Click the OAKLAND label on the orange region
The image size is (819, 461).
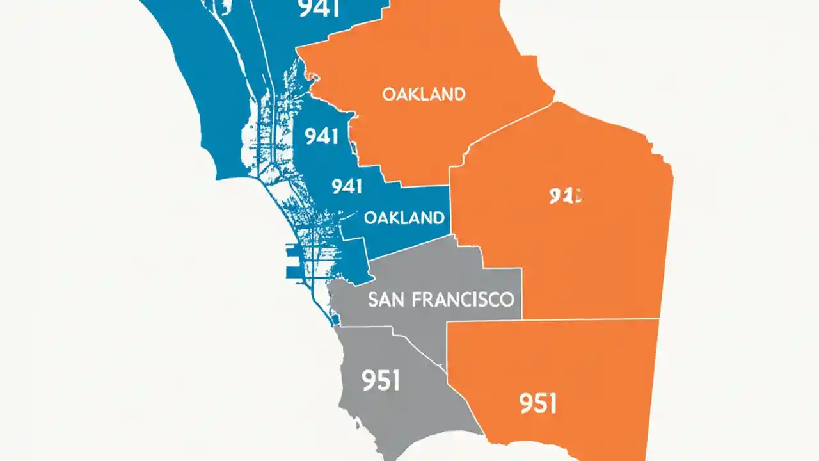pos(424,95)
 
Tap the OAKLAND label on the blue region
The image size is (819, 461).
pos(404,218)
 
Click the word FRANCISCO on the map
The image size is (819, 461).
pos(461,300)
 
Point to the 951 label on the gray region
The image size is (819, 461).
pos(381,381)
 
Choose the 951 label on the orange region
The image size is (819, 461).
pos(539,404)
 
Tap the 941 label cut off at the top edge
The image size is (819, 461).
pos(319,9)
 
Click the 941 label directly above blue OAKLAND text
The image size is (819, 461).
pos(347,186)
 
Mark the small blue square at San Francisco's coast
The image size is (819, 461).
pos(335,318)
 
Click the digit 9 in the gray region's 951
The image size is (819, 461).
pos(369,381)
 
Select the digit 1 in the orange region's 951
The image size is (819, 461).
pos(552,404)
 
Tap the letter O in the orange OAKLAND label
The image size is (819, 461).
pos(388,95)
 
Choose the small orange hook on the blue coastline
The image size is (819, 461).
pos(312,76)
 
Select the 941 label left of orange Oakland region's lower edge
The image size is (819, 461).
pos(322,136)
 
